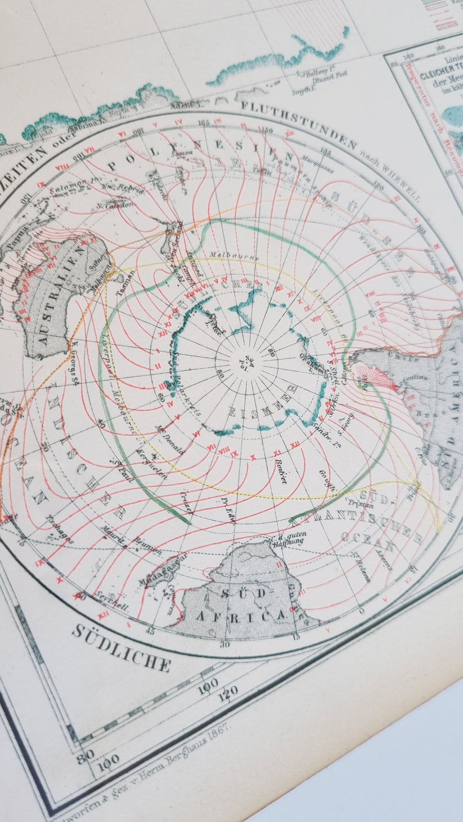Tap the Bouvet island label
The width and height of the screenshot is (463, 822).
(281, 471)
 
